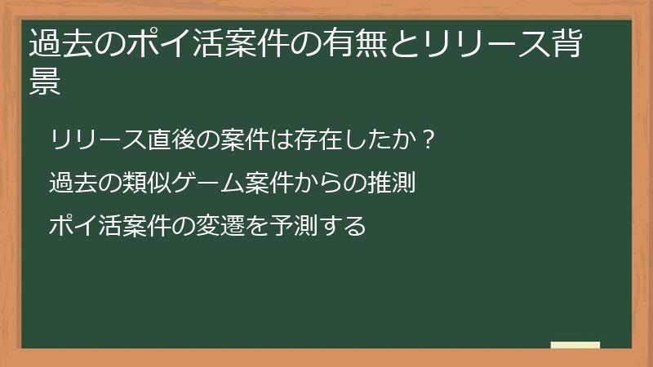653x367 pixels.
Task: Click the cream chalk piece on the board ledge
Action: [x=575, y=344]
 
